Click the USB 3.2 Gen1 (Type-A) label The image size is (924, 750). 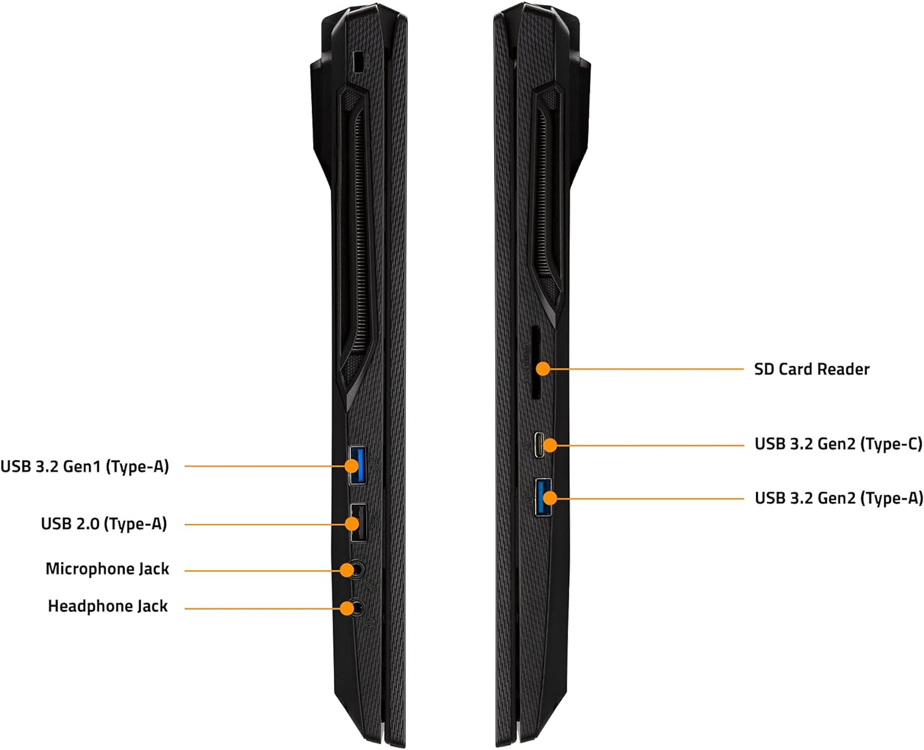(x=84, y=467)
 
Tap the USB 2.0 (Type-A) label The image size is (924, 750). (x=103, y=524)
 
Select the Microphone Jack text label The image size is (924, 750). (x=107, y=569)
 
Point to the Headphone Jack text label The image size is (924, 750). (x=108, y=607)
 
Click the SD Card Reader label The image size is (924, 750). (x=811, y=369)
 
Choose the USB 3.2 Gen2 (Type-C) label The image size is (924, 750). (x=838, y=444)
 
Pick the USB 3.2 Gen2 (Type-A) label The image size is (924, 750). (x=838, y=498)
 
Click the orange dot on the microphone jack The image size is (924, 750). (x=347, y=571)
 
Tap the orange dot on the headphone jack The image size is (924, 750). (x=347, y=608)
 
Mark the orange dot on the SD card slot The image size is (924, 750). (x=542, y=369)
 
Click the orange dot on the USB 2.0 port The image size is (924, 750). (x=352, y=524)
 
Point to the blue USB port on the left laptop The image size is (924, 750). (x=357, y=466)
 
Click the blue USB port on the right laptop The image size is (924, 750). (x=543, y=497)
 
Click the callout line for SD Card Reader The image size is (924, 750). (x=647, y=369)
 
